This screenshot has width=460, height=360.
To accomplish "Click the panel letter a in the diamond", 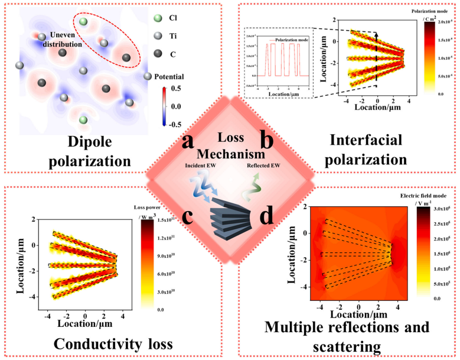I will coord(188,142).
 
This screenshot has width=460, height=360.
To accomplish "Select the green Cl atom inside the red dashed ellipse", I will coord(84,22).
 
